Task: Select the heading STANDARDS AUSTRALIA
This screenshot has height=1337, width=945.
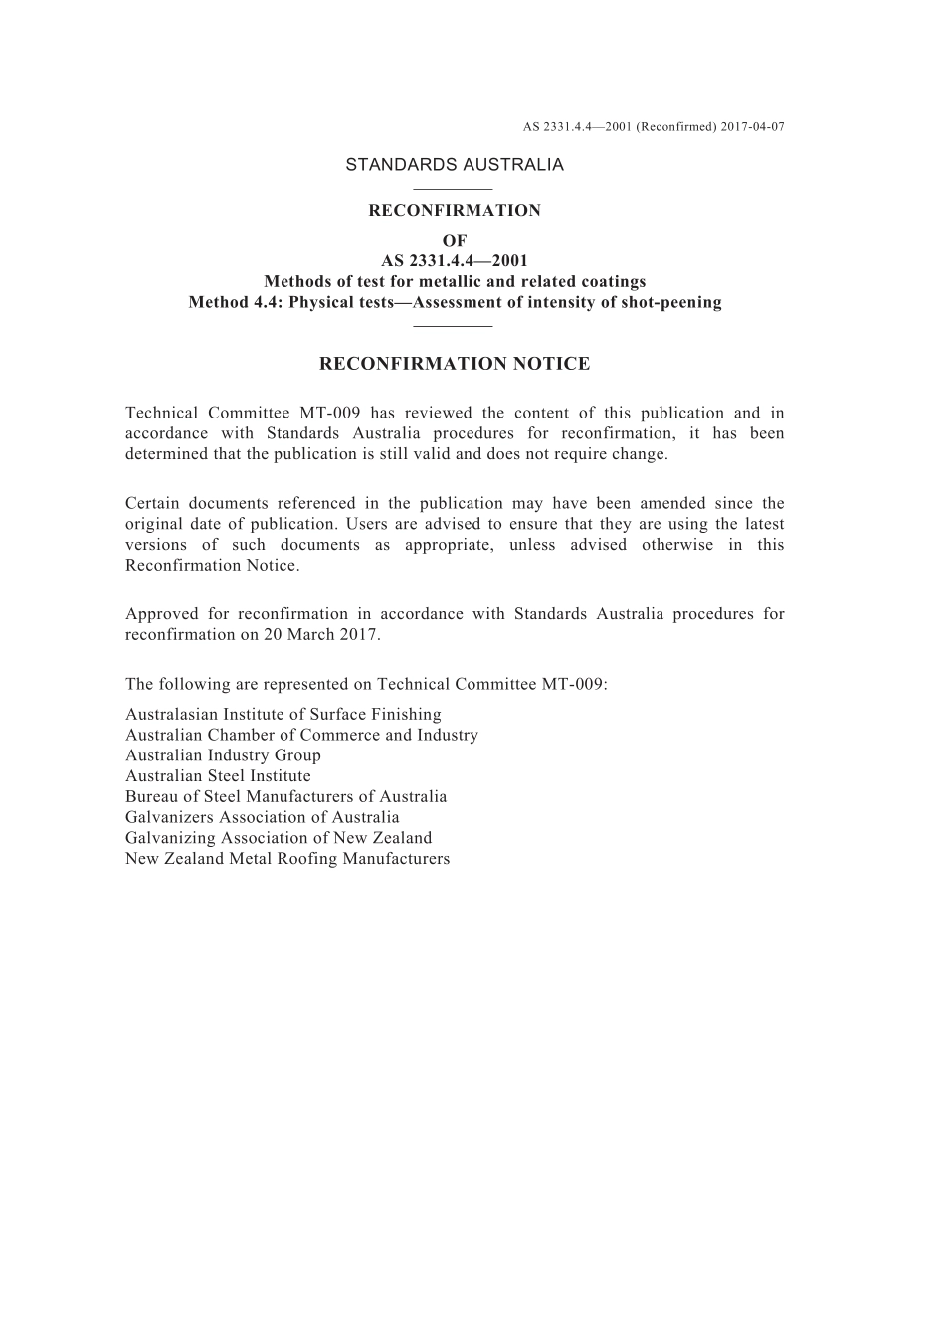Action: tap(455, 165)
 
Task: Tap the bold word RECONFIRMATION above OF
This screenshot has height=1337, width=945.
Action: tap(455, 211)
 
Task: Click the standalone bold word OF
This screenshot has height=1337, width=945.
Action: tap(455, 241)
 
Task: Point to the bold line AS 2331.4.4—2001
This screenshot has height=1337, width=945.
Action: tap(455, 261)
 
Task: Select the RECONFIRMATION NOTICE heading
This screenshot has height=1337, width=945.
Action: tap(455, 364)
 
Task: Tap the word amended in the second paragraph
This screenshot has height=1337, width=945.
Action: tap(671, 504)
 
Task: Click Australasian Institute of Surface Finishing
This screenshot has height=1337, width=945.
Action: tap(283, 715)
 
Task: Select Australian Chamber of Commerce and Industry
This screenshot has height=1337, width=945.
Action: tap(301, 736)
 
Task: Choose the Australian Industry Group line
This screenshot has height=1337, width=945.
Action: tap(223, 755)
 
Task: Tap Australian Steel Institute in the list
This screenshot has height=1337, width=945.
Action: tap(218, 776)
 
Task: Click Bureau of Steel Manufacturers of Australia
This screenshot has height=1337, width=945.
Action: tap(286, 797)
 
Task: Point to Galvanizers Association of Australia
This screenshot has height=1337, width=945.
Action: tap(263, 818)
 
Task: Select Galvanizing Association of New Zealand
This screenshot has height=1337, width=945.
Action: tap(279, 838)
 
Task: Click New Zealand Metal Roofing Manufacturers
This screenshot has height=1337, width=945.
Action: tap(287, 859)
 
